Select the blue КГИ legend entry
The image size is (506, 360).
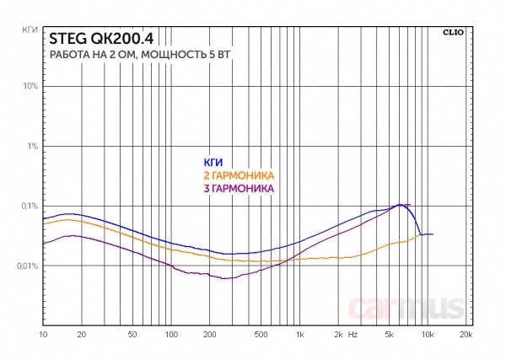(x=212, y=163)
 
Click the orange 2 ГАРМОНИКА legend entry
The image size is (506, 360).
(x=240, y=175)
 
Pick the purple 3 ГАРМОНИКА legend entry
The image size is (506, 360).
(x=240, y=189)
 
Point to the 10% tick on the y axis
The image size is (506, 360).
(x=30, y=86)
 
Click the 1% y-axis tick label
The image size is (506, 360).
(x=33, y=146)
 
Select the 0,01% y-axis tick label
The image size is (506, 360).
(x=26, y=266)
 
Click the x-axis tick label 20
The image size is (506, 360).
(x=82, y=336)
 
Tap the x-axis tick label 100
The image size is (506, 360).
(x=171, y=336)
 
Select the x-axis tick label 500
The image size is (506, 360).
(x=261, y=336)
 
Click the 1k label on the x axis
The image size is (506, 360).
(x=300, y=336)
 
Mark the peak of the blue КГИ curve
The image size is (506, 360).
(x=400, y=204)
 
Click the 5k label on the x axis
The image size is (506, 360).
(x=390, y=336)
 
